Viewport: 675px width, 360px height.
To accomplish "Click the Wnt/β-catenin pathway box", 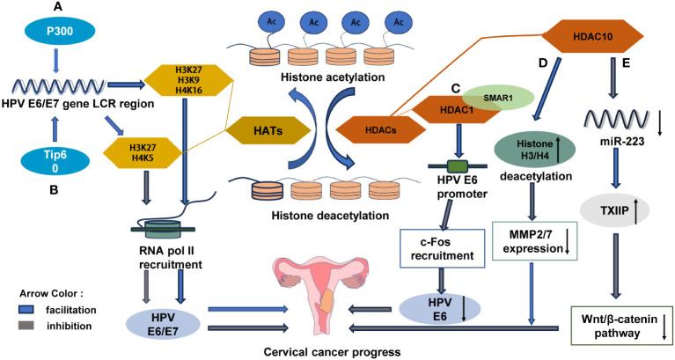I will tap(618, 322).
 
